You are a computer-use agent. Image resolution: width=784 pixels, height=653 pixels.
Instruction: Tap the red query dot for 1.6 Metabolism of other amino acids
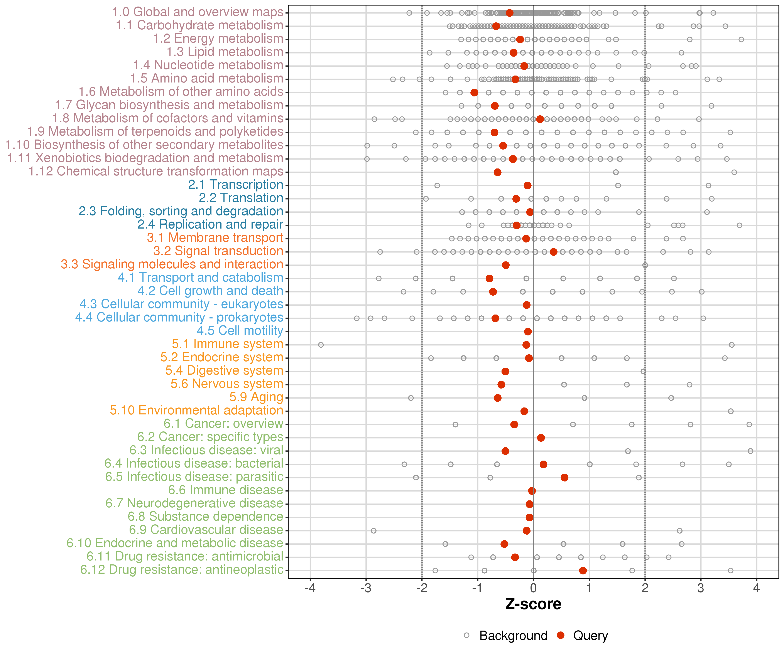pos(474,93)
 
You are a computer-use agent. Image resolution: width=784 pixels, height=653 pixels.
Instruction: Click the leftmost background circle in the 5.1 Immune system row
pos(321,345)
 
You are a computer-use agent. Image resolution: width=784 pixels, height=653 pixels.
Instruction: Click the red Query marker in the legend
pos(560,635)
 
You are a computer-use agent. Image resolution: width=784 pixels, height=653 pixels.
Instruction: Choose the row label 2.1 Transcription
pos(236,185)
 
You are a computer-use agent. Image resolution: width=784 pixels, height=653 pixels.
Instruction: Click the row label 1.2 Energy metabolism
pos(218,39)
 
